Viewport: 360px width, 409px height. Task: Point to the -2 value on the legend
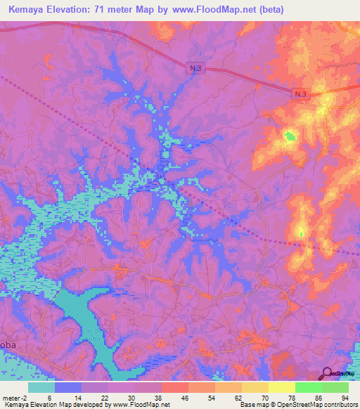(25, 397)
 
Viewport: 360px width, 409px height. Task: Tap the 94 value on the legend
(344, 397)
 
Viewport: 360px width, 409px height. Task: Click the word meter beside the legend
(10, 397)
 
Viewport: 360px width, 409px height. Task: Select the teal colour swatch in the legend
(41, 387)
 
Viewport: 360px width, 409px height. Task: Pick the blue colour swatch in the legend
(68, 387)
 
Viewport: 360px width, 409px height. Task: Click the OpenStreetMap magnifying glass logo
(327, 373)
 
